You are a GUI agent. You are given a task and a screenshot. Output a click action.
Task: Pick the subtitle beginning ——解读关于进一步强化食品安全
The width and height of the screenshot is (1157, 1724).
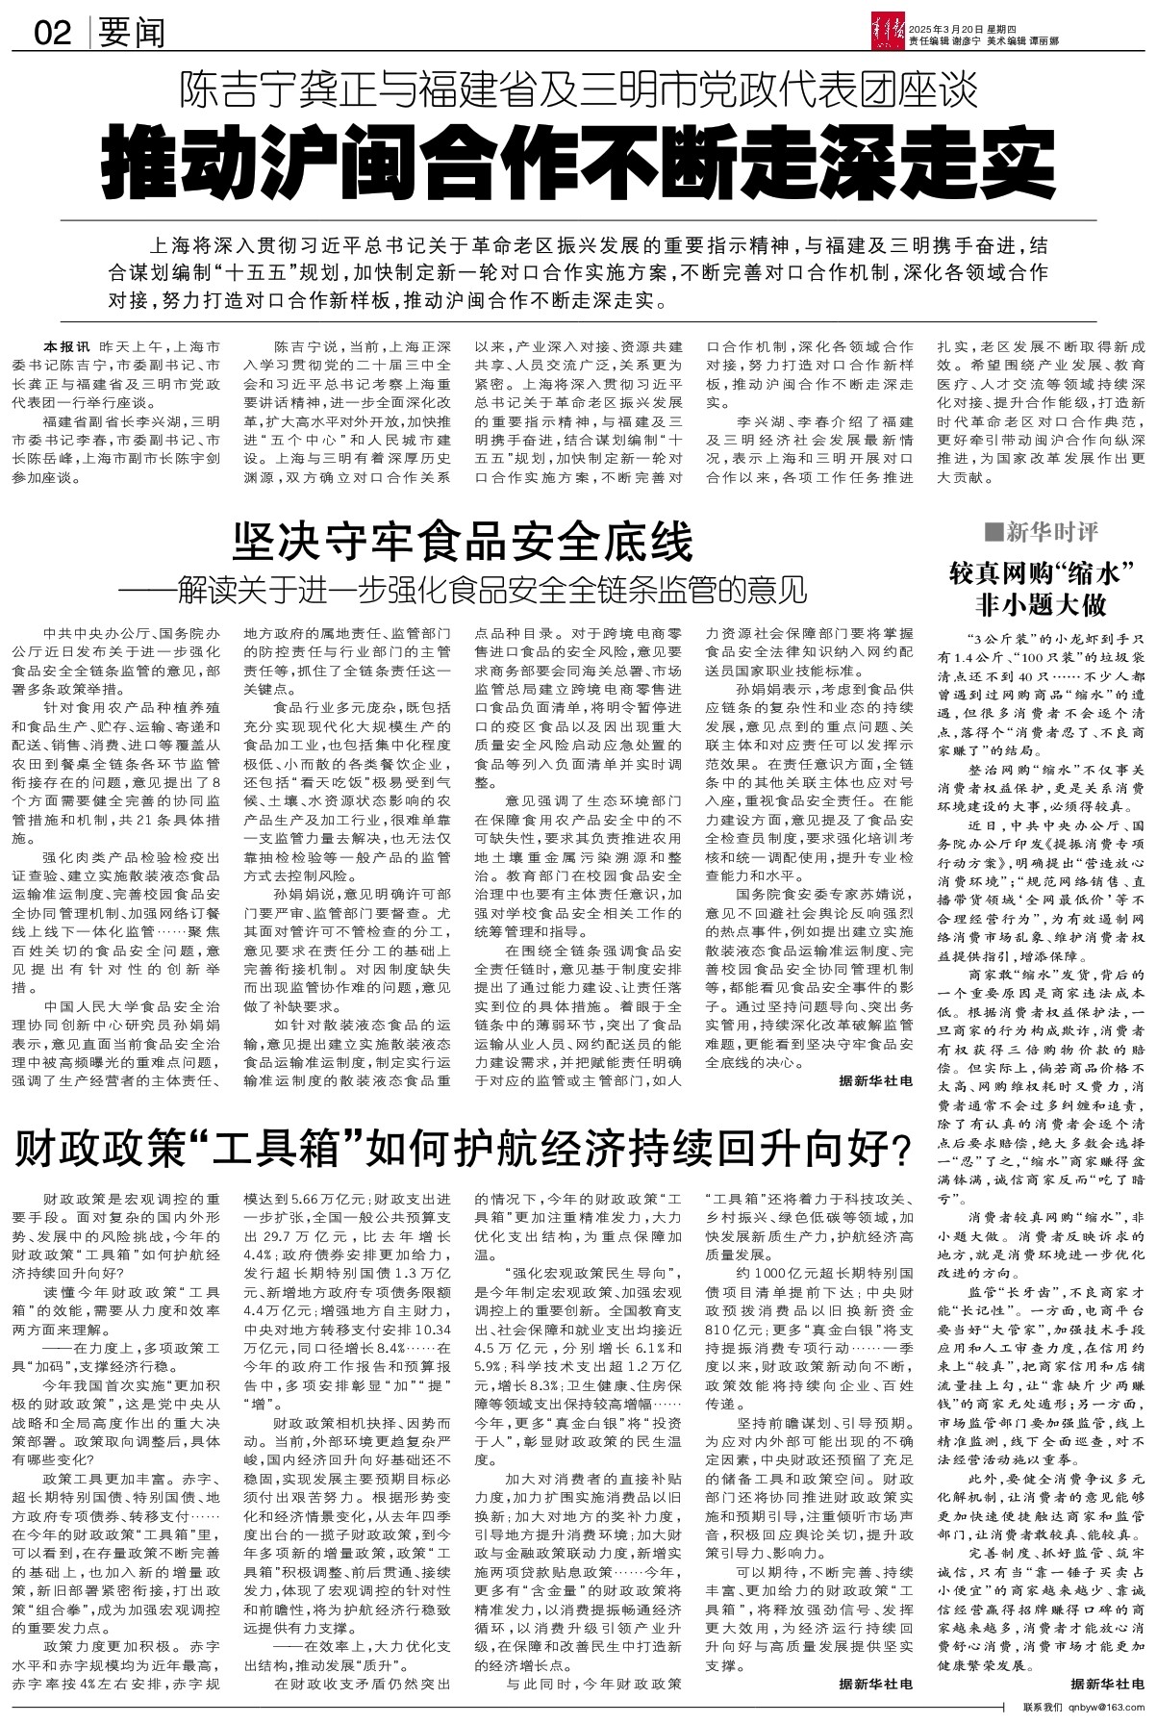(463, 590)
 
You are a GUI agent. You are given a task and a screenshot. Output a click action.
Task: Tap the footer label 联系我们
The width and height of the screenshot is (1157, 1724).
(1044, 1706)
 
